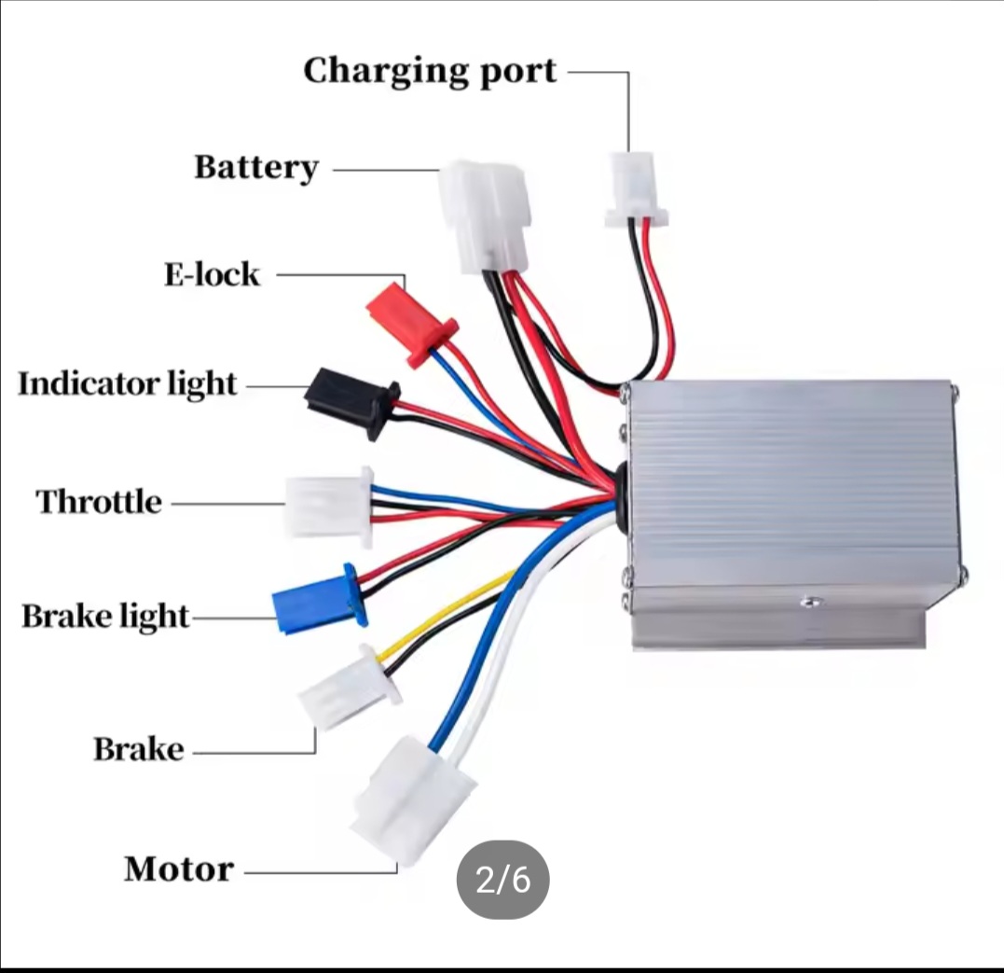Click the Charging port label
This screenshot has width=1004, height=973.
[x=430, y=72]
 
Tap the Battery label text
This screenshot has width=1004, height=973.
[x=256, y=168]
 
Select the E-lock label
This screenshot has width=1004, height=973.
[x=212, y=275]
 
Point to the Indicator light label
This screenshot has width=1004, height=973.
[x=128, y=384]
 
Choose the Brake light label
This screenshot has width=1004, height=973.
[x=105, y=617]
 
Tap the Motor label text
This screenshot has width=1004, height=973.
[x=179, y=869]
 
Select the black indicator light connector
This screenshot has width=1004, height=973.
[x=351, y=402]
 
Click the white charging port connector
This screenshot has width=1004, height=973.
[x=637, y=189]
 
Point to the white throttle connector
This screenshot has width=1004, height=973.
[x=329, y=507]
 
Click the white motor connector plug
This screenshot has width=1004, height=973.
[x=413, y=801]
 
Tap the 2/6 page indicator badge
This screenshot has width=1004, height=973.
[x=502, y=880]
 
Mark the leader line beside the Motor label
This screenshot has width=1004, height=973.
[x=321, y=871]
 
